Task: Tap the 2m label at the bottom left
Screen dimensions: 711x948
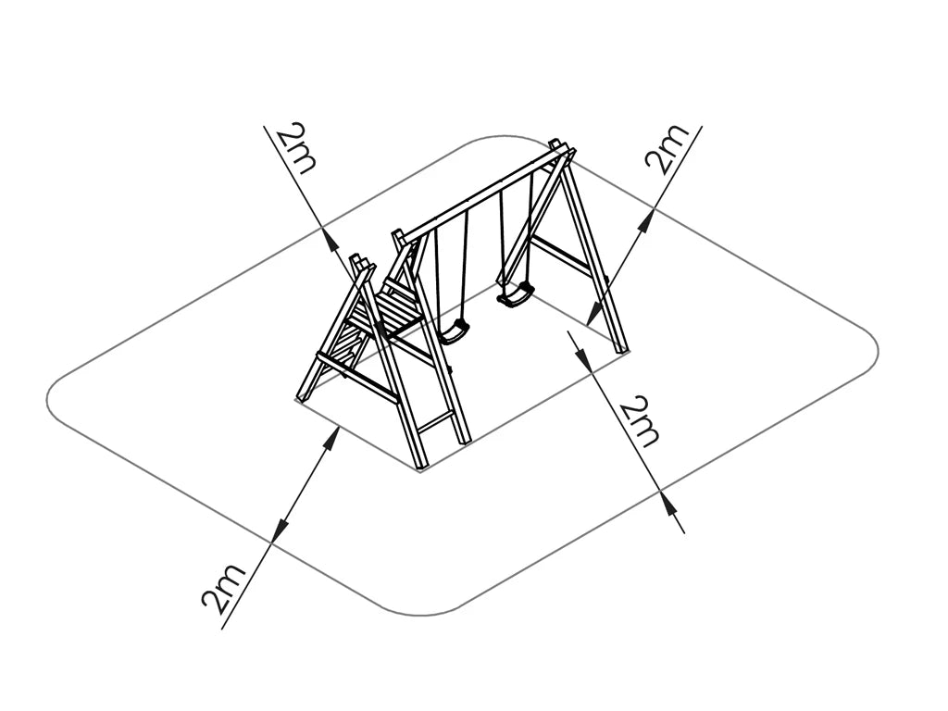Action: point(224,588)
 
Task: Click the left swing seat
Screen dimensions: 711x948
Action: point(454,331)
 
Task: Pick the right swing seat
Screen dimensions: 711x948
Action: point(516,295)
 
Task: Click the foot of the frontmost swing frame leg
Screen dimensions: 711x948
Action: point(421,468)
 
